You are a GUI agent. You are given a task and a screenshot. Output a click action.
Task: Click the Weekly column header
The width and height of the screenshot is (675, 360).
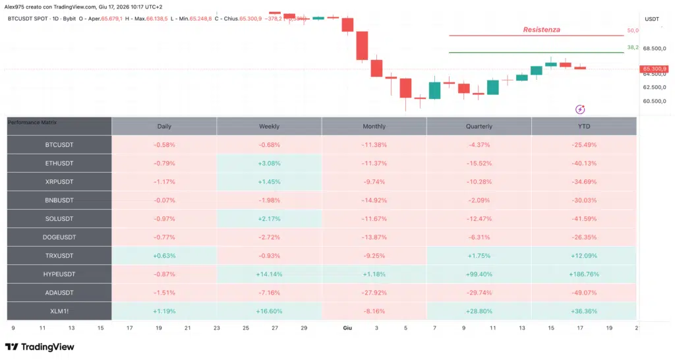269,126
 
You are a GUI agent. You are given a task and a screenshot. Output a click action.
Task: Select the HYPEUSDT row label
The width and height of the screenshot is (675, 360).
59,274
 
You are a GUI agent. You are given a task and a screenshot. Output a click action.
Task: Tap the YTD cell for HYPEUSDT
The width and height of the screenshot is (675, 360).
584,274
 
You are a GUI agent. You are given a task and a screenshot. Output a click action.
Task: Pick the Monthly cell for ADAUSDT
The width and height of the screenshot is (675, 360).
374,293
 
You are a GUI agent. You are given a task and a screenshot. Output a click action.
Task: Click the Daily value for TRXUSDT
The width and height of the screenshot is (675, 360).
164,256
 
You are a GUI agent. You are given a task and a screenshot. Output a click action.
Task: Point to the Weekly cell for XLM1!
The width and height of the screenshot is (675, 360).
269,311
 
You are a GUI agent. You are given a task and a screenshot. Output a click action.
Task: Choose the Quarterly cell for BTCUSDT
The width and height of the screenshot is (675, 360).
479,145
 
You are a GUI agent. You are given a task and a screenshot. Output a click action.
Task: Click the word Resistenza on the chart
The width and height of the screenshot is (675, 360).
542,30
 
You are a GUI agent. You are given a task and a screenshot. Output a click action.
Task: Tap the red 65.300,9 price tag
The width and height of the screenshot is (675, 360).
653,69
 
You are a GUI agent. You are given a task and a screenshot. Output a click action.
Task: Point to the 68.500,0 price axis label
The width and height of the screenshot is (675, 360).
655,49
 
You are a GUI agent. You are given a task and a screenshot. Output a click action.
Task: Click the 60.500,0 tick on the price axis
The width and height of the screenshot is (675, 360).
655,101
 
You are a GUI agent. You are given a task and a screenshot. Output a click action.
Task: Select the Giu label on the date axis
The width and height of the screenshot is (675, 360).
347,328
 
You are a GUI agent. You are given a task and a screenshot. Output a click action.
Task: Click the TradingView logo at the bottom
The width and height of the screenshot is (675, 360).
40,347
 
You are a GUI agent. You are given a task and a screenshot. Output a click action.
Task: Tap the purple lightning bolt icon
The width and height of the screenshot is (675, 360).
580,109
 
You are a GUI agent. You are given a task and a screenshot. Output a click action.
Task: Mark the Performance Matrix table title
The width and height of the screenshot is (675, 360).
32,122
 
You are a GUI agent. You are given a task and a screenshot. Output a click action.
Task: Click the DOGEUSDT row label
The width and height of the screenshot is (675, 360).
59,237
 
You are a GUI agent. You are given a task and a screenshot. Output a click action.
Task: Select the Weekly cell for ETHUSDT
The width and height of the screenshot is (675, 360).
269,164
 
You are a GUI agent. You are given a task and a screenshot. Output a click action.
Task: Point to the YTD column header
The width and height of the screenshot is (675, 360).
584,126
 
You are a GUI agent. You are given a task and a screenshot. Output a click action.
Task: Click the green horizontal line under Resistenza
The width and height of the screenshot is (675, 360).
537,53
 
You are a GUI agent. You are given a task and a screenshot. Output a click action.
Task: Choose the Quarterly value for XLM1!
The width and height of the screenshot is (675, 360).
479,311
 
